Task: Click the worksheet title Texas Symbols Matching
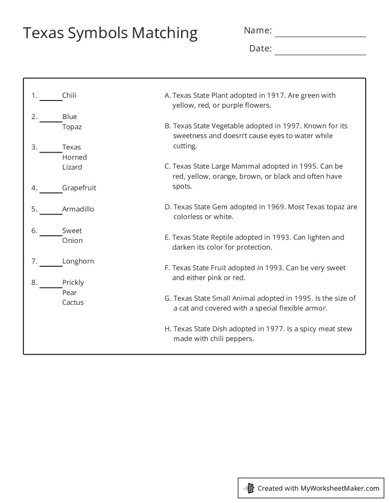[110, 33]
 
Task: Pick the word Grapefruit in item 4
[79, 188]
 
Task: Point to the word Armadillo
[78, 209]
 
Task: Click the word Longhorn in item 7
[78, 261]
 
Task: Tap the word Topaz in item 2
[72, 127]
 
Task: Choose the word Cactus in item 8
[73, 302]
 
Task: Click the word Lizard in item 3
[72, 167]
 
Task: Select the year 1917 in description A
[276, 95]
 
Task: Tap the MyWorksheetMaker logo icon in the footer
[249, 488]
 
